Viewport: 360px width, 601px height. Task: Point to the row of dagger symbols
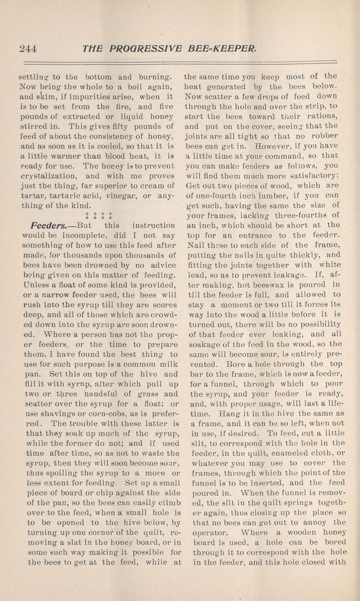pyautogui.click(x=98, y=215)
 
